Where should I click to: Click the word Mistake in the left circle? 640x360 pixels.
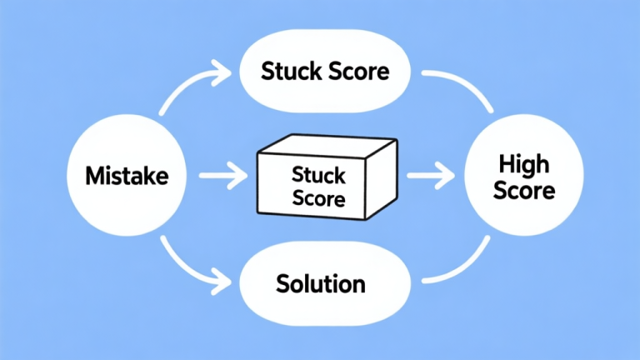tap(127, 176)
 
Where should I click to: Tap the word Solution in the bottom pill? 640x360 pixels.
tap(320, 283)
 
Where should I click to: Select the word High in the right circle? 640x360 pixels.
tap(523, 162)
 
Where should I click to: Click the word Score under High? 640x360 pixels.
tap(523, 190)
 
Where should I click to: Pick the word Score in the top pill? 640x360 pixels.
tap(355, 71)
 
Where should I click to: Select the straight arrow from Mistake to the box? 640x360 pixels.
tap(223, 176)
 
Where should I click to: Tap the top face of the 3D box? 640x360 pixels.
tap(325, 147)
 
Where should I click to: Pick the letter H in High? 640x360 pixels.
tap(503, 162)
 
